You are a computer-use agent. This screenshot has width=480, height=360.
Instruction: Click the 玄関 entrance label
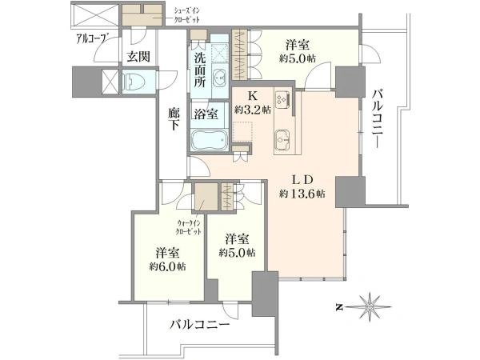click(138, 56)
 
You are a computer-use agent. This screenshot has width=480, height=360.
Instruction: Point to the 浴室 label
click(206, 114)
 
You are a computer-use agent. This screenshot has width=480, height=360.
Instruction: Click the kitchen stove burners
click(283, 100)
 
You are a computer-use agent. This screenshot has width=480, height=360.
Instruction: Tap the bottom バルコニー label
click(199, 326)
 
